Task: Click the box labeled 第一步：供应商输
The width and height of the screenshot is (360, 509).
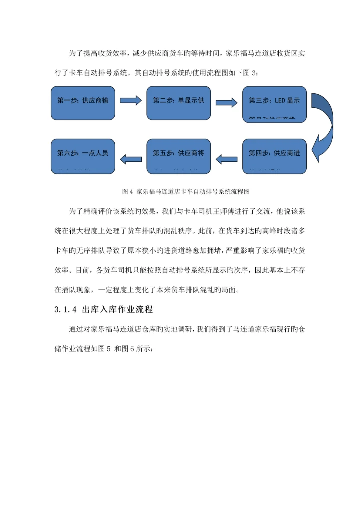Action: click(x=83, y=103)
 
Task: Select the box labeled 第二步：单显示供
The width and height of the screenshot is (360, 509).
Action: click(x=178, y=103)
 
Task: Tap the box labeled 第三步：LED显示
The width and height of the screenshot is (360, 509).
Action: click(x=274, y=103)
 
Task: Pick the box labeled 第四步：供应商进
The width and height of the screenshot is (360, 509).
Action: click(x=274, y=156)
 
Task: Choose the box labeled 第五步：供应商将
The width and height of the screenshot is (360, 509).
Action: click(x=178, y=156)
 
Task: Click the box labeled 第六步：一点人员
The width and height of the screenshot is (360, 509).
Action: click(x=83, y=156)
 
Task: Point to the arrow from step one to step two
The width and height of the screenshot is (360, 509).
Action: click(x=131, y=101)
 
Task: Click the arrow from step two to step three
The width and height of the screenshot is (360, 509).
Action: click(x=226, y=103)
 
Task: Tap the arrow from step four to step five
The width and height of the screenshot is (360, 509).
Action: click(x=226, y=159)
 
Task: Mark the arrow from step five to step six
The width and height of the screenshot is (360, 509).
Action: click(x=131, y=159)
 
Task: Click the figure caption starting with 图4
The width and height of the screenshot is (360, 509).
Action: click(x=186, y=191)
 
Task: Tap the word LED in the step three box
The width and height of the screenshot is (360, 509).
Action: click(x=279, y=100)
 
